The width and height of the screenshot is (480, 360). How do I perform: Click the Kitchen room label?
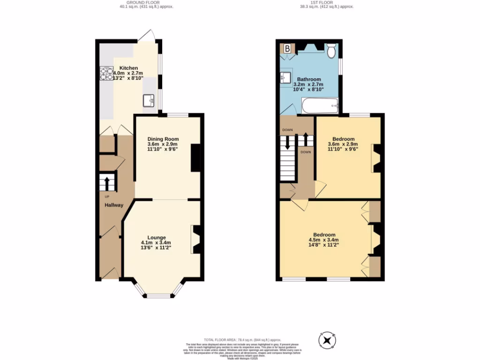(128, 68)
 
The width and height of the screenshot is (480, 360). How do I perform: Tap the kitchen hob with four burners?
(106, 74)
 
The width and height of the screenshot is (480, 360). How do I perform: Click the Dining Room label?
(163, 139)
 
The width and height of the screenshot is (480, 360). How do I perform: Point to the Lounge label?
(156, 237)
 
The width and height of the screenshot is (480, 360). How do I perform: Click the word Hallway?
(114, 205)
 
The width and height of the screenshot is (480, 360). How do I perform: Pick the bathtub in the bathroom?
(320, 106)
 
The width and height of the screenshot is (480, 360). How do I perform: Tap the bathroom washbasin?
(286, 78)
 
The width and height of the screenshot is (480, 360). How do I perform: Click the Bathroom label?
(309, 79)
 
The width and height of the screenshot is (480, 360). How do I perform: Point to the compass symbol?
(327, 339)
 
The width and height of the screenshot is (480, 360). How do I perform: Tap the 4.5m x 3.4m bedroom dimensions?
(323, 240)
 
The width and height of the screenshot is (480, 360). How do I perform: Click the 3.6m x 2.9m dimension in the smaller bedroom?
(345, 144)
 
